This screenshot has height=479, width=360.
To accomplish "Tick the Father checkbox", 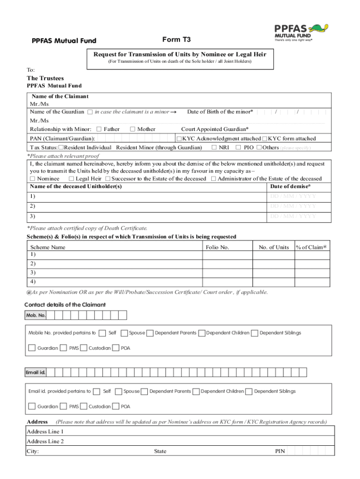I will [x=99, y=129].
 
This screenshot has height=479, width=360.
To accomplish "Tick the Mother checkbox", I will [x=133, y=129].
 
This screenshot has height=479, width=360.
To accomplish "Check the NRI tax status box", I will [x=214, y=147].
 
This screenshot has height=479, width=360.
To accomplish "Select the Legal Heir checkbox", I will [x=71, y=179].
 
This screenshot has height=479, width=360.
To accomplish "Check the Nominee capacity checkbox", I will [x=32, y=179].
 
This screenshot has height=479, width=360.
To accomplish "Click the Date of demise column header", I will [x=290, y=186].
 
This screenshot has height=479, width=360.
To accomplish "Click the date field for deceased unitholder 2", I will [x=293, y=206].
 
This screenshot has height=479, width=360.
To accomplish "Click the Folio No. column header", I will [x=217, y=247].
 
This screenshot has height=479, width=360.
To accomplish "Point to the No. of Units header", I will [x=274, y=247].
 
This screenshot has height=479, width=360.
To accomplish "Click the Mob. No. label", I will [x=36, y=315].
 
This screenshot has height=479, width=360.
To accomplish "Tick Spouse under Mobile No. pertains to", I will [x=124, y=333].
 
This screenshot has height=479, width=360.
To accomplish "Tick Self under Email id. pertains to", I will [x=96, y=392].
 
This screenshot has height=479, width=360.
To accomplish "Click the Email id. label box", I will [x=36, y=372].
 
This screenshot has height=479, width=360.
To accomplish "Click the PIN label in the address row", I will [x=280, y=451].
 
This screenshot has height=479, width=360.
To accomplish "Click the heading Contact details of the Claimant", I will [x=65, y=305].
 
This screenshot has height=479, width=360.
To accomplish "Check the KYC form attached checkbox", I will [x=265, y=138].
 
